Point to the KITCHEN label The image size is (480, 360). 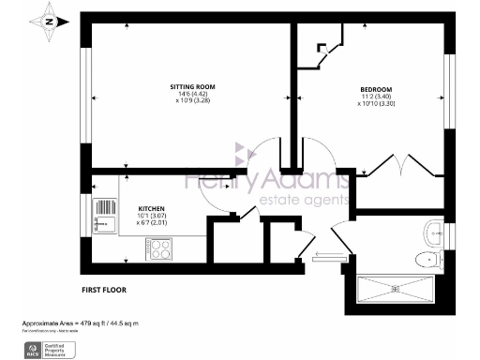(152, 208)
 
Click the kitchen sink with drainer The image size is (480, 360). (101, 223)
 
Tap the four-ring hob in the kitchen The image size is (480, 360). (158, 249)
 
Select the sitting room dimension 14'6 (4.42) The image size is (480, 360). (187, 94)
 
